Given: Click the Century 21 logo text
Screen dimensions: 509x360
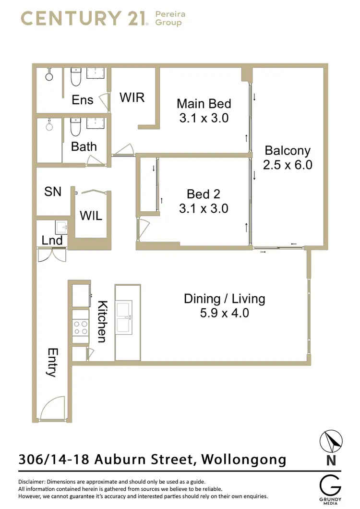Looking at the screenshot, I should [x=84, y=19].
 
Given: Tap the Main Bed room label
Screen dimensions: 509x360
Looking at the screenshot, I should [x=204, y=104].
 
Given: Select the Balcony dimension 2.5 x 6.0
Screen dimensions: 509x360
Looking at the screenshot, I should [x=288, y=165].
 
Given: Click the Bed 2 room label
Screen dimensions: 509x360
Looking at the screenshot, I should [x=204, y=194].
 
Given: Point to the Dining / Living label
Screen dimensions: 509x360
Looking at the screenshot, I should [x=224, y=299].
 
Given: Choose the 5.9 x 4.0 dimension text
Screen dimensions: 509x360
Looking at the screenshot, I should [x=224, y=314].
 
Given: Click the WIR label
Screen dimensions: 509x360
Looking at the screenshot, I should [x=132, y=97].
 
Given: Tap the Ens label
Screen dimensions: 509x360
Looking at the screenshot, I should [x=83, y=100].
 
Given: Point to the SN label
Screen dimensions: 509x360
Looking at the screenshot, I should [x=53, y=191].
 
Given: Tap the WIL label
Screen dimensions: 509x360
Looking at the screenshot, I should [x=91, y=216].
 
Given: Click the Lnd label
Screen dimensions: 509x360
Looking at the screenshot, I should [x=52, y=240].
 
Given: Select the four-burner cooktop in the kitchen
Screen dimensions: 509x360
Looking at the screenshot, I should [x=80, y=327].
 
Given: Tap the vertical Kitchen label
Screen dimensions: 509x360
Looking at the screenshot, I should [x=102, y=321].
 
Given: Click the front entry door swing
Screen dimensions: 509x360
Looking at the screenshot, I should [x=53, y=408].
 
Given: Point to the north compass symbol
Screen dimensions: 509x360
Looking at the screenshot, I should [x=331, y=441].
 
